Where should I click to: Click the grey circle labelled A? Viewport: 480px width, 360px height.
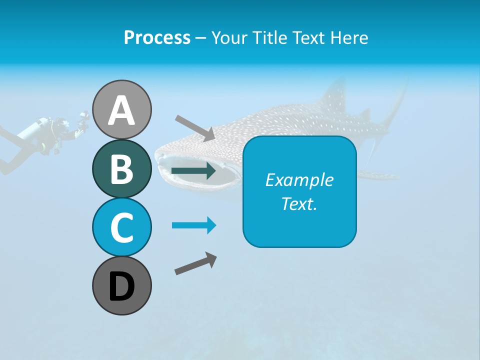click(122, 109)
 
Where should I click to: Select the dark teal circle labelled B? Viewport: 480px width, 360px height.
click(122, 168)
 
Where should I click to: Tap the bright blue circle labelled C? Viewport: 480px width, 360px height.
click(122, 227)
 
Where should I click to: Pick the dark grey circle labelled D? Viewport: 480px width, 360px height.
click(122, 285)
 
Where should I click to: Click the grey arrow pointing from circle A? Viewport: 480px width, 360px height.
click(194, 128)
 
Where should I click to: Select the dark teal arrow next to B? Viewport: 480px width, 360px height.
click(193, 171)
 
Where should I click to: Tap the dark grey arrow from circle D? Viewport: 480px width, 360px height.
click(195, 263)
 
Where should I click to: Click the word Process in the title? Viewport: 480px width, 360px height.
click(157, 37)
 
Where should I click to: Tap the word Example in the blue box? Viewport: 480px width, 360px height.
click(299, 180)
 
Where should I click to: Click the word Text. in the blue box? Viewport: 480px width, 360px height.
click(299, 203)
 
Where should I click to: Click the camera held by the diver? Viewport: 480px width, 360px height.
click(83, 119)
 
